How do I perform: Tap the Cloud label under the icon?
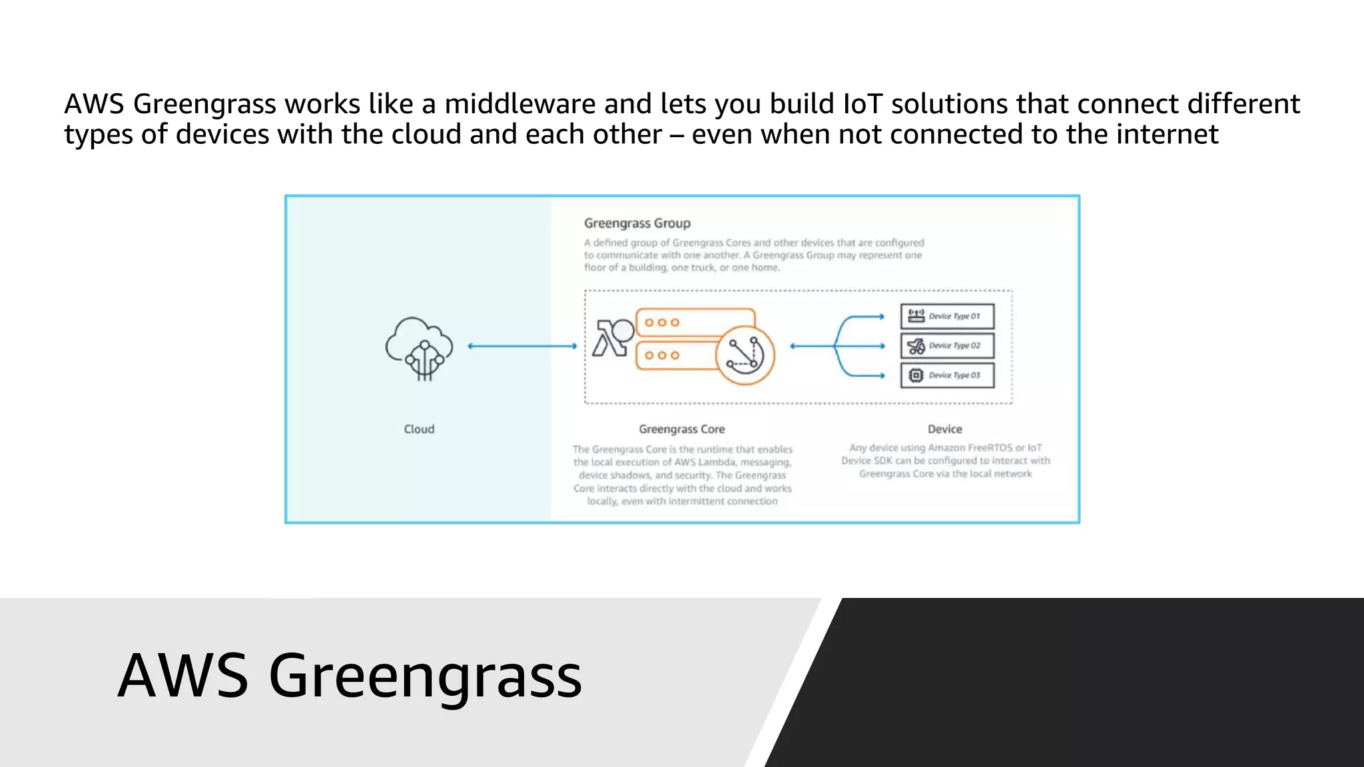419,429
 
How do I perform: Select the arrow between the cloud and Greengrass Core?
522,346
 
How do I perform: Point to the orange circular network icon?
745,355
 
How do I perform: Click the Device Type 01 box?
947,316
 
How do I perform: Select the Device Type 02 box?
947,346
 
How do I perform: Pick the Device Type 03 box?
947,376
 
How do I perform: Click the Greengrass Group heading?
637,224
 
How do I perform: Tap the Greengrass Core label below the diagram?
681,429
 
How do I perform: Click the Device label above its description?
944,429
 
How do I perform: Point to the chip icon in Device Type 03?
916,376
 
